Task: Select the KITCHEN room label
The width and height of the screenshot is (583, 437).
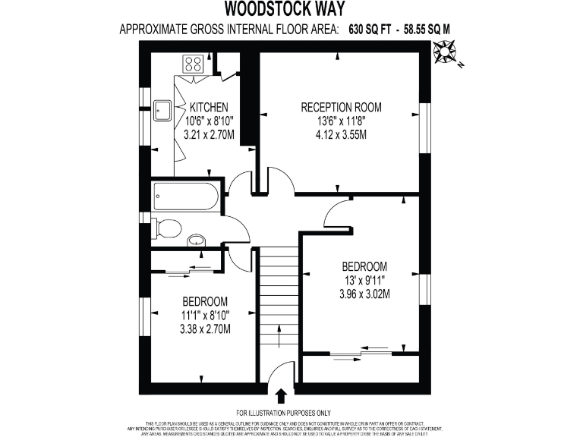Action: [x=210, y=107]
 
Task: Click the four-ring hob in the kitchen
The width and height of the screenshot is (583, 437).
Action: [x=191, y=63]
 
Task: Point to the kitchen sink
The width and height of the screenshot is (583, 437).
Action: [x=161, y=111]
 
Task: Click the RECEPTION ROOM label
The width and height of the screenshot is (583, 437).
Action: [x=341, y=107]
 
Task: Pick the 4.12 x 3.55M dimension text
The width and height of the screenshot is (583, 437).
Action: [x=341, y=135]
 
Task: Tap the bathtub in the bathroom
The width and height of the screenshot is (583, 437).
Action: [x=184, y=196]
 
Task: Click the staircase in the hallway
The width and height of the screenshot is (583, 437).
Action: [x=280, y=303]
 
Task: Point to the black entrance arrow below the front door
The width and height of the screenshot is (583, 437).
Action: [x=281, y=395]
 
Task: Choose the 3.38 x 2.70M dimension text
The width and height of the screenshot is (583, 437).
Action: [x=205, y=329]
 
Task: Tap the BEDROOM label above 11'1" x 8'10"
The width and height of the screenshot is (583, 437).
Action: [x=205, y=300]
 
